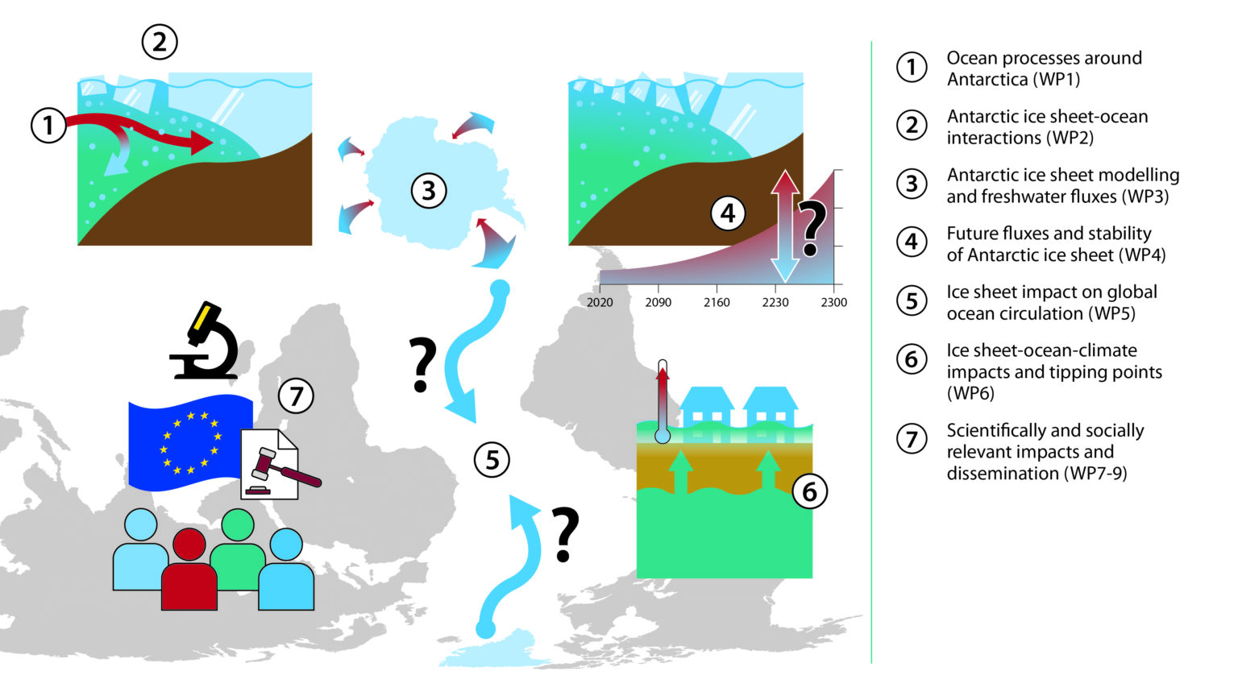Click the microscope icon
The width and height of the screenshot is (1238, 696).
206,342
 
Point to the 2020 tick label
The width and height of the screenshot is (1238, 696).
600,302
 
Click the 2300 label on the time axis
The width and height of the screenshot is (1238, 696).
833,302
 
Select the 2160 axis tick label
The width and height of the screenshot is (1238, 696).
717,302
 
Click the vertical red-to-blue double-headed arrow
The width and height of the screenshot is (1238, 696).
784,226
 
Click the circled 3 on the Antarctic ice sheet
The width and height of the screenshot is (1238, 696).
429,191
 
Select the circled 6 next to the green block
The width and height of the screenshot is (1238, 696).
809,491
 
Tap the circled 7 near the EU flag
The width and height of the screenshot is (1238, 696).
296,396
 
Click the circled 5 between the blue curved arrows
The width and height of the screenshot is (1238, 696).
492,460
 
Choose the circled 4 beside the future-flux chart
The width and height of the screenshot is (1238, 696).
728,213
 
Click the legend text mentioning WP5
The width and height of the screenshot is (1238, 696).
1051,303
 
